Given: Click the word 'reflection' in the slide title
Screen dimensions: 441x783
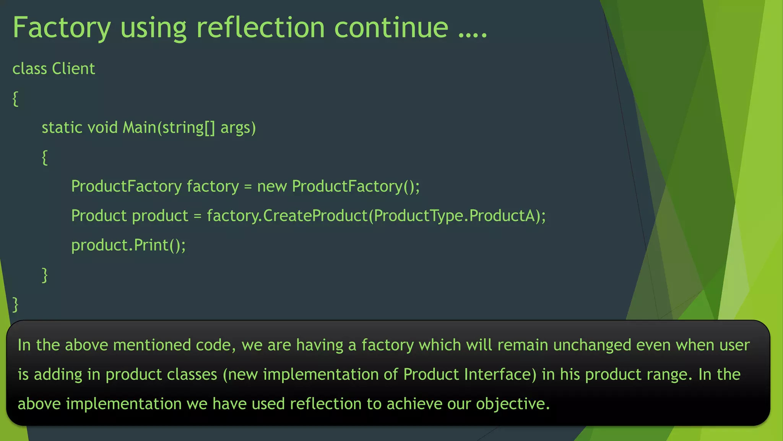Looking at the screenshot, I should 260,28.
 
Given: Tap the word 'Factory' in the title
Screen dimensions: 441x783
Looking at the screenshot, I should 62,28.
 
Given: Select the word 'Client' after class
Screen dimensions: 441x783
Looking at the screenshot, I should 73,69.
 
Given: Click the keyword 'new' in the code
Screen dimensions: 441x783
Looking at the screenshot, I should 272,186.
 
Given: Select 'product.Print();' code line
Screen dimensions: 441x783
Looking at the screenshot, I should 128,245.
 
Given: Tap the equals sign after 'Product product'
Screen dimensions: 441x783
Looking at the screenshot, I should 197,216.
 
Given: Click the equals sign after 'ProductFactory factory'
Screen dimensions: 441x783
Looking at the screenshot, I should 248,186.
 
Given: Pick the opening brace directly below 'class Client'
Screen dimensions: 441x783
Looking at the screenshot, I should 15,99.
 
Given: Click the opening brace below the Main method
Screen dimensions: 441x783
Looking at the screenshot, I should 45,157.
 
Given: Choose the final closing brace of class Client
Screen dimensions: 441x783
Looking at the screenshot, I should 15,304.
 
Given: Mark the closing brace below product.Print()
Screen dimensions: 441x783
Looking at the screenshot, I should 45,275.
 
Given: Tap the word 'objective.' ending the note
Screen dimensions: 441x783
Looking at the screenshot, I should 513,404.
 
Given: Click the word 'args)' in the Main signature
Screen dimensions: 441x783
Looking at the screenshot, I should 238,127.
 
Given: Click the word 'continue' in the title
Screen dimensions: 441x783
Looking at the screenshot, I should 391,28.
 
